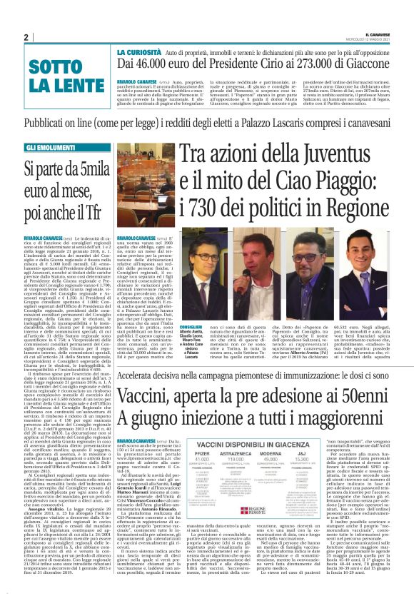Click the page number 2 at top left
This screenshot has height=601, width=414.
tap(26, 38)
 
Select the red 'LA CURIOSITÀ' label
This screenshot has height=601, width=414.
tap(141, 54)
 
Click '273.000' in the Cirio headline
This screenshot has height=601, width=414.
tap(313, 65)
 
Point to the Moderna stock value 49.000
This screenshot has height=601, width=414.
tap(275, 447)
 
